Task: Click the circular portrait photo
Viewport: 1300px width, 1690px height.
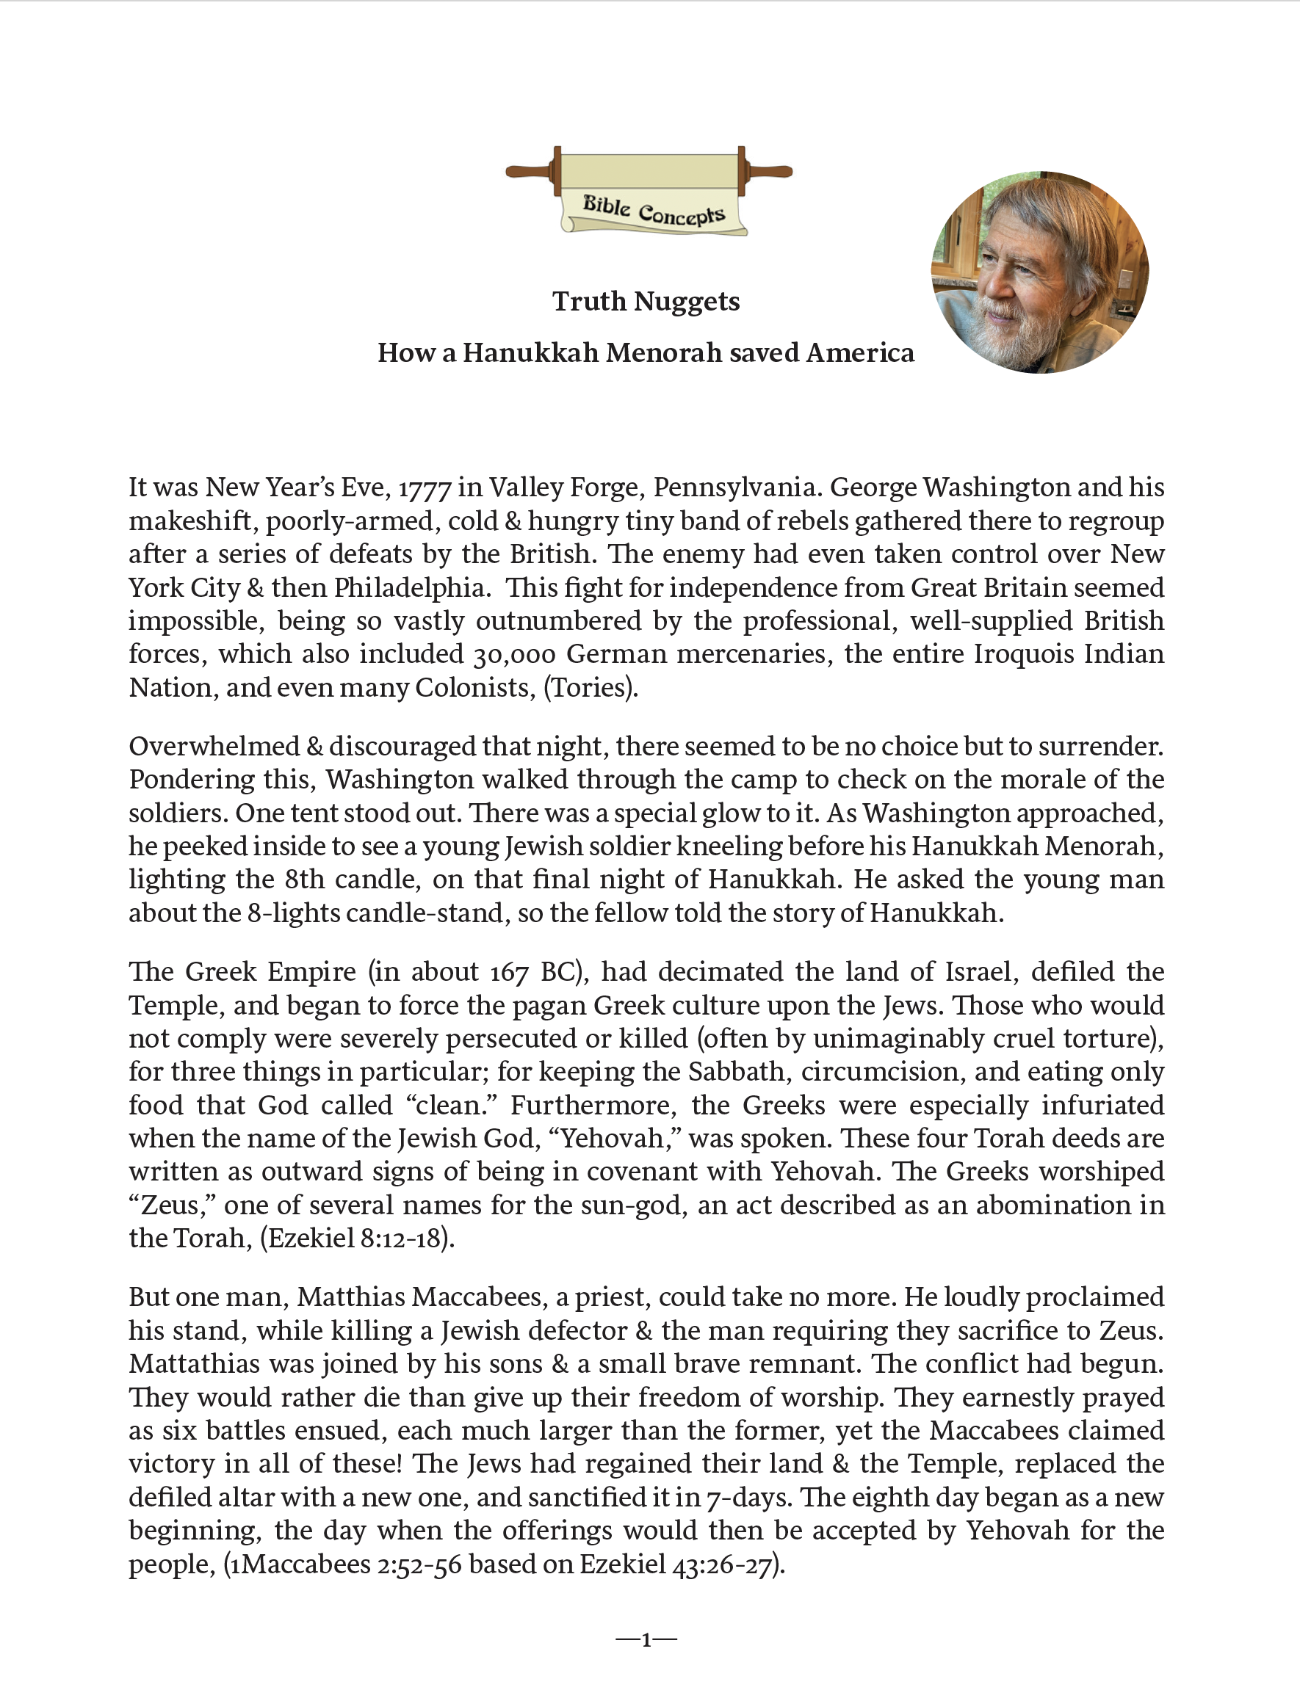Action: [1039, 272]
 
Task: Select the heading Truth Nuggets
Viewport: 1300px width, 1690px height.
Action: [646, 301]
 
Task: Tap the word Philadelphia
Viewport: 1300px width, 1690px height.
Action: [411, 588]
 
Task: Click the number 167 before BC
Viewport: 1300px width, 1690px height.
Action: [509, 972]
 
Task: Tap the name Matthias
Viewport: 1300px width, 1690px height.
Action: [342, 1297]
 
